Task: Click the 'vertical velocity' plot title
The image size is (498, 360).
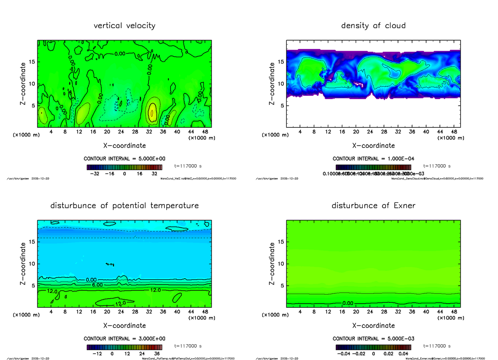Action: point(124,26)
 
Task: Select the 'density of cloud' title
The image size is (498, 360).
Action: point(373,26)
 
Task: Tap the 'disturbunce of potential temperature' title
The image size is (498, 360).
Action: point(124,206)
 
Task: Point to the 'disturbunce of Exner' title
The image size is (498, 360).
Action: point(373,206)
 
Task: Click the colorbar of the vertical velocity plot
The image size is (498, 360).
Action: point(124,168)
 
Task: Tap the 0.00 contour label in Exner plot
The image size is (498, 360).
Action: point(348,303)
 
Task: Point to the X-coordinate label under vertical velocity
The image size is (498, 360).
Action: point(124,146)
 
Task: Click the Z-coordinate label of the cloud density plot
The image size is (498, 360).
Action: point(272,84)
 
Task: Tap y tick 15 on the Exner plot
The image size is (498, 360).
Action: point(281,242)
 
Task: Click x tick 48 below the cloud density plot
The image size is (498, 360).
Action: point(454,131)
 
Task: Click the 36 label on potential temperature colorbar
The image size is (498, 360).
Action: point(157,354)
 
